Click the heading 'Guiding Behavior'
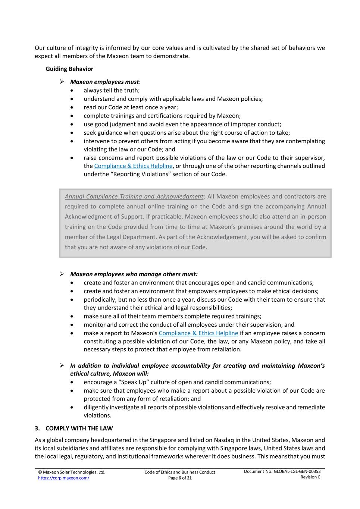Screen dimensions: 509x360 (x=69, y=69)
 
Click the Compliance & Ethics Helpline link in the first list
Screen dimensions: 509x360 (x=133, y=166)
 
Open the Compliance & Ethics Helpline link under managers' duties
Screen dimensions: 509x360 (x=198, y=333)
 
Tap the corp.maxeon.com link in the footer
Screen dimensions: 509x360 (x=63, y=478)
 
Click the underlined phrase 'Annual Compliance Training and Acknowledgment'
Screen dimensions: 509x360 (x=134, y=197)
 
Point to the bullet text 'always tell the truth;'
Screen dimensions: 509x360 (x=112, y=90)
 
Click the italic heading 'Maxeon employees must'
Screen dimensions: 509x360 (x=104, y=82)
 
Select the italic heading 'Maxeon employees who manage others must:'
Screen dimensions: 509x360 (x=134, y=274)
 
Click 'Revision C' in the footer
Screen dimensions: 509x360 (x=310, y=477)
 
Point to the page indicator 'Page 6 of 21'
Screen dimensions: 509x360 (x=180, y=478)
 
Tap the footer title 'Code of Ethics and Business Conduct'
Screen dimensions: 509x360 (x=180, y=472)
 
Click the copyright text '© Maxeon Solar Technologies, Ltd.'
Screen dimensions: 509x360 (x=72, y=472)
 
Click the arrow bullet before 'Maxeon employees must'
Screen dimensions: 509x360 (x=62, y=82)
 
